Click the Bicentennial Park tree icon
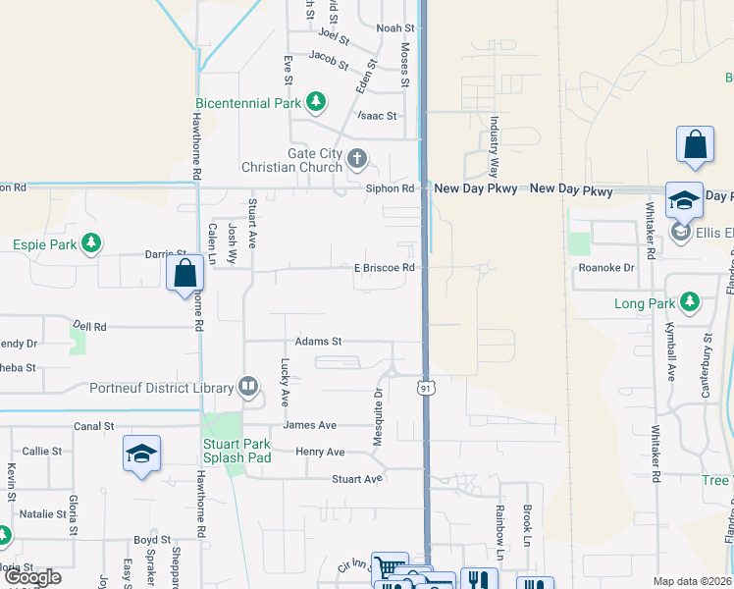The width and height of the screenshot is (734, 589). tap(315, 101)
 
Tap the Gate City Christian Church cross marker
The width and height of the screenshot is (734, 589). tap(357, 158)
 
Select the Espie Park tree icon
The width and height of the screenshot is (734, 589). tap(91, 242)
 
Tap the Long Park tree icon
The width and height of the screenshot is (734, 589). tap(690, 301)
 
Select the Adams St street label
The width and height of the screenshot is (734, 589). tap(318, 342)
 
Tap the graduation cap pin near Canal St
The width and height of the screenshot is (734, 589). tap(142, 454)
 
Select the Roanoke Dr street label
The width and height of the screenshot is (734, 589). tap(606, 267)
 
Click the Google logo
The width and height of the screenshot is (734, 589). tap(32, 577)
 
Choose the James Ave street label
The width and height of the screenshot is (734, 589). tap(309, 425)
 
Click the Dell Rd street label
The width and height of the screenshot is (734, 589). tap(89, 325)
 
